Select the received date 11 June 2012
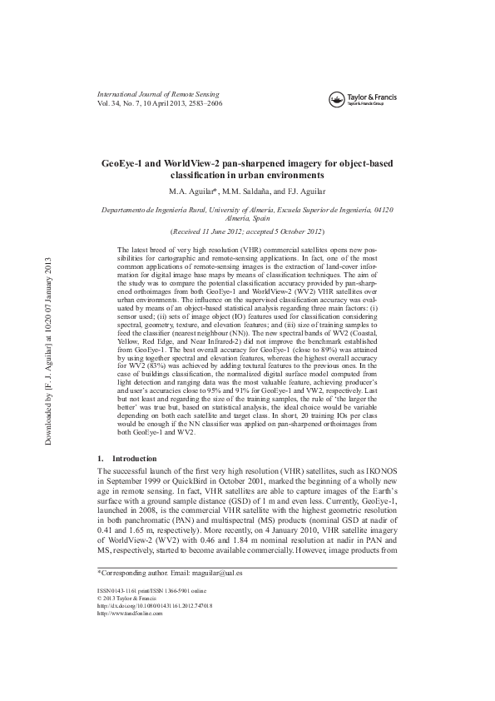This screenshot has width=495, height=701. (218, 230)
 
